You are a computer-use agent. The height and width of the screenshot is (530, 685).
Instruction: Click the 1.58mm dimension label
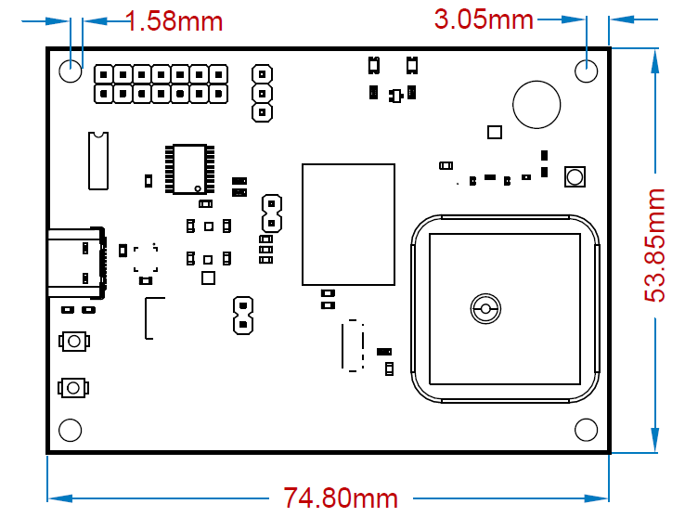[x=174, y=20]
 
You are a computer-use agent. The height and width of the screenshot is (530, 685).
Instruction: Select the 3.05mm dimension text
[x=484, y=18]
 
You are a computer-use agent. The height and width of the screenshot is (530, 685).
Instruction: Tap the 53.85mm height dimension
[x=656, y=244]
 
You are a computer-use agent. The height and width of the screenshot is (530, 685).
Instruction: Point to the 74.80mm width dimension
[x=341, y=498]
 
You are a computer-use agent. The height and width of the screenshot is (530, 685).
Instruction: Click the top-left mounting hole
[x=71, y=71]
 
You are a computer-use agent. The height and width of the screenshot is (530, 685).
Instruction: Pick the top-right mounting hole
[x=586, y=71]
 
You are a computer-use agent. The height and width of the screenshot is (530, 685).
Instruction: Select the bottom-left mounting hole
[x=71, y=429]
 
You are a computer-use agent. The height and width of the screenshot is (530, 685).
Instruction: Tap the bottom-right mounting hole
[x=586, y=429]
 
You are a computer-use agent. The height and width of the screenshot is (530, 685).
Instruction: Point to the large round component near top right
[x=537, y=104]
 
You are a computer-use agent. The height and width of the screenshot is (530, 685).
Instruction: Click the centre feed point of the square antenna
[x=485, y=309]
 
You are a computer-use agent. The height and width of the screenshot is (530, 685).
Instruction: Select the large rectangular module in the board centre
[x=348, y=224]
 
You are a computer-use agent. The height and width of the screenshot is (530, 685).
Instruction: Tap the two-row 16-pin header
[x=161, y=84]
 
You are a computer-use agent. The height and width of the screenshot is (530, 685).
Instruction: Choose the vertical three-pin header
[x=263, y=93]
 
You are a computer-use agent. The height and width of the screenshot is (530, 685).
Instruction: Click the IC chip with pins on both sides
[x=189, y=169]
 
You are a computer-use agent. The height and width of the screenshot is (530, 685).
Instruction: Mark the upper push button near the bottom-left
[x=73, y=341]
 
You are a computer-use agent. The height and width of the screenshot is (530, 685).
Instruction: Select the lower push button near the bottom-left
[x=73, y=387]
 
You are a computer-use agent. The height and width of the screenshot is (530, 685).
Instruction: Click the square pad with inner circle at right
[x=575, y=177]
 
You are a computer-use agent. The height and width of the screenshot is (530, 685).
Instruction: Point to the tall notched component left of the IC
[x=97, y=161]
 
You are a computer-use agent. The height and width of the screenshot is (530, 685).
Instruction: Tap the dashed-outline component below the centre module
[x=352, y=345]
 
